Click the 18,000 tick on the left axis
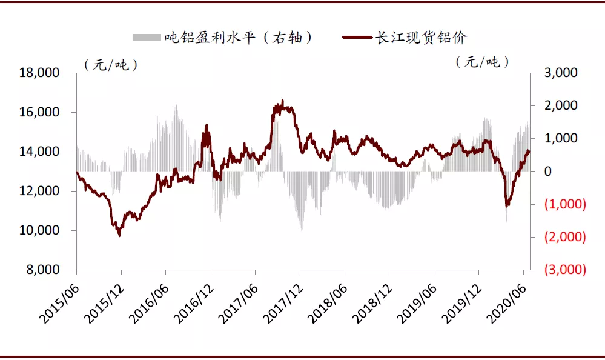click(x=39, y=73)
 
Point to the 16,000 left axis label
click(x=39, y=112)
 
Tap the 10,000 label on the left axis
click(x=39, y=230)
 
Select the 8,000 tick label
click(x=43, y=269)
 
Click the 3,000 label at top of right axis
click(x=561, y=73)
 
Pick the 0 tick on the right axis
click(x=548, y=171)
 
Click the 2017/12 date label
click(x=282, y=304)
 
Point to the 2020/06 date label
click(x=506, y=304)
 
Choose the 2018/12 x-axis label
click(x=372, y=304)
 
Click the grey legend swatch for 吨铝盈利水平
click(x=147, y=38)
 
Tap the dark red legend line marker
click(x=357, y=38)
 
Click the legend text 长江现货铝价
click(x=422, y=38)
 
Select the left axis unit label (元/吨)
click(x=111, y=64)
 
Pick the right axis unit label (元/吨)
click(x=482, y=62)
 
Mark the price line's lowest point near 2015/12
click(x=119, y=236)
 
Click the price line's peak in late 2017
click(x=282, y=101)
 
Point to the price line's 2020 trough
click(x=507, y=205)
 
